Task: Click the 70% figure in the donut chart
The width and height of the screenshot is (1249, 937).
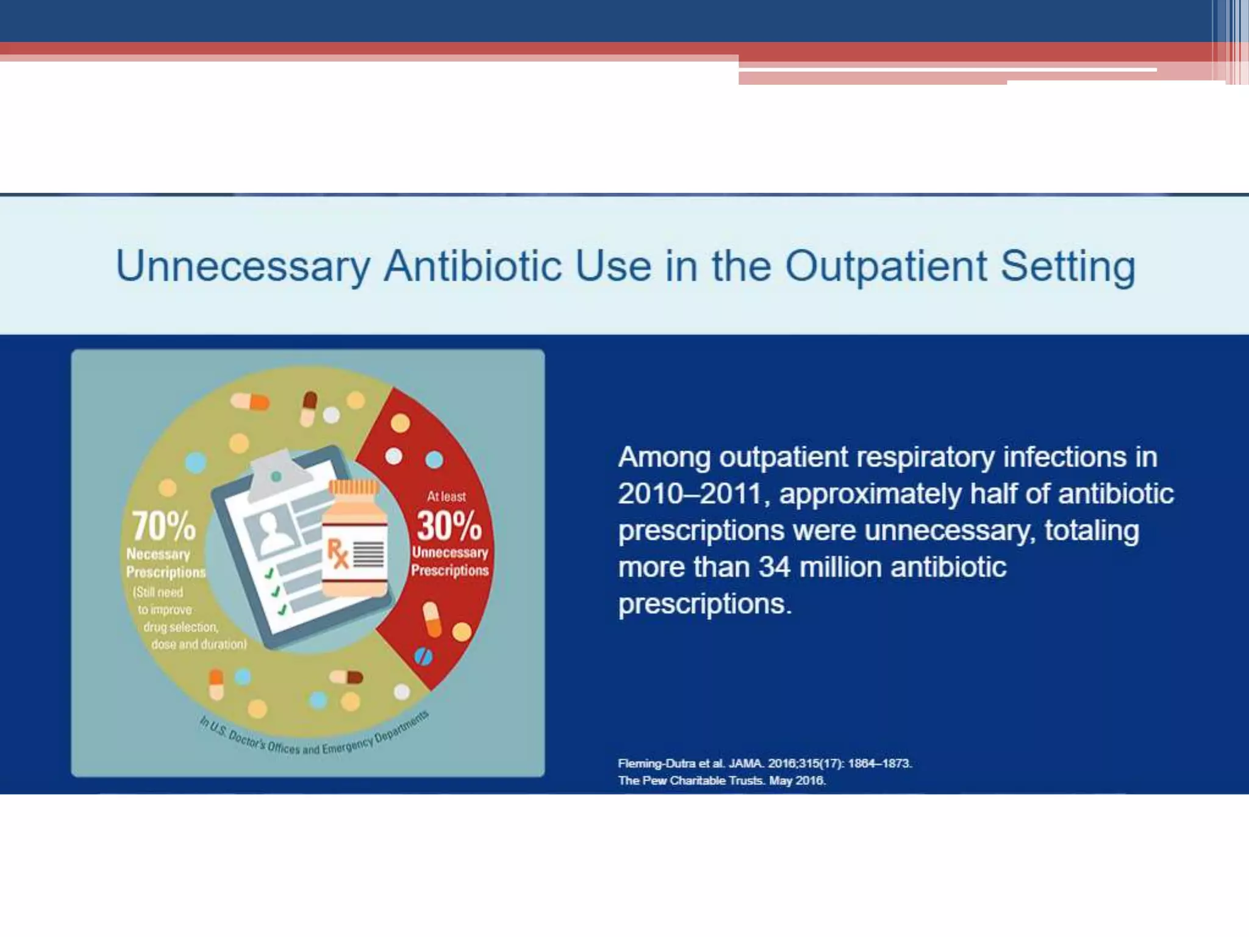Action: coord(163,526)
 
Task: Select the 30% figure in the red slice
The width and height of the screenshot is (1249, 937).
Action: coord(449,526)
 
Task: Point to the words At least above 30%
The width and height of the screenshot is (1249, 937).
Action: coord(446,497)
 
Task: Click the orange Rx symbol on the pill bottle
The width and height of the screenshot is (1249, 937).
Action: coord(337,553)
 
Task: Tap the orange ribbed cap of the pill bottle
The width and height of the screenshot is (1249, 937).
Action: coord(354,487)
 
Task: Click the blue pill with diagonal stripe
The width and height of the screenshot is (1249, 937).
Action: coord(423,656)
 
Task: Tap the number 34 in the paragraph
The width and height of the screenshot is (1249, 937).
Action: coord(775,567)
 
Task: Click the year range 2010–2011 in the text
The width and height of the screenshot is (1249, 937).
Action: coord(689,494)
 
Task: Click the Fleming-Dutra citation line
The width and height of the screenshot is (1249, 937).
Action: coord(765,763)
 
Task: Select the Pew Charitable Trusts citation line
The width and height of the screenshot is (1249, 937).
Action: coord(721,780)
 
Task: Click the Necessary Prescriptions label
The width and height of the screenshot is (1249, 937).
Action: coord(165,563)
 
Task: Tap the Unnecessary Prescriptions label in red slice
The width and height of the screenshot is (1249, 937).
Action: coord(449,561)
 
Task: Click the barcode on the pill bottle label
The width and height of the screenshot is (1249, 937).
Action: coord(369,554)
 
